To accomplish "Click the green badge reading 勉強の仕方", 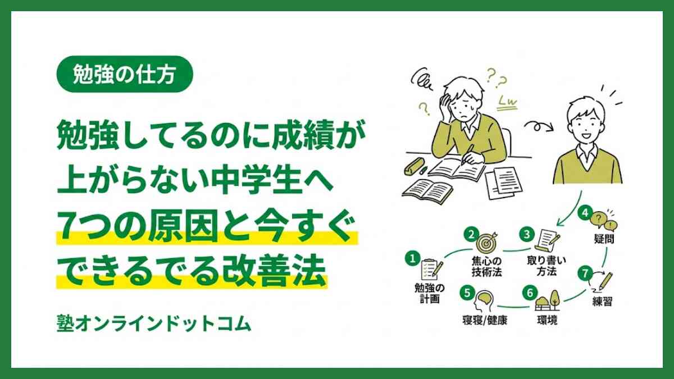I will click(x=125, y=74).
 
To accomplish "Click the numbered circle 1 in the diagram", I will click(x=412, y=259).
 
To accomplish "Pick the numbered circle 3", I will click(x=526, y=232).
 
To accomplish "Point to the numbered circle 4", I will click(x=585, y=213).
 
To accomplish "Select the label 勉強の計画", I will click(x=429, y=293).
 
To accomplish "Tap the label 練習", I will click(x=602, y=302).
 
